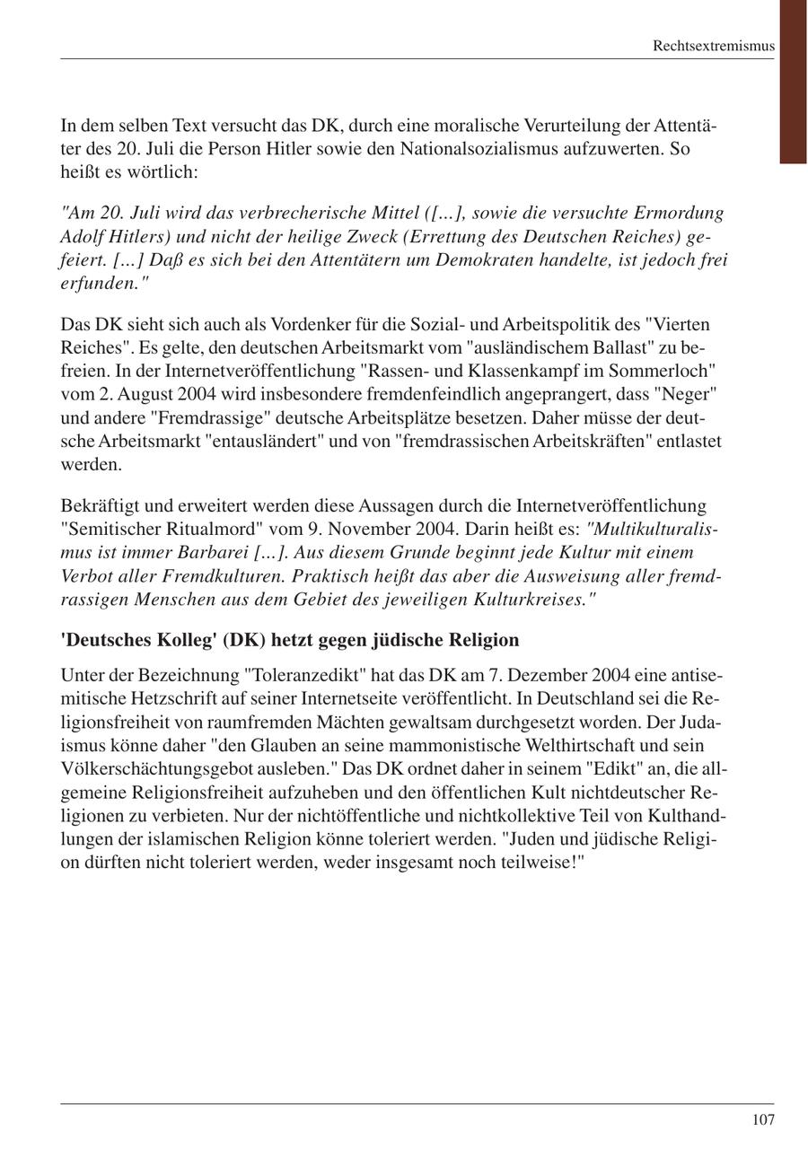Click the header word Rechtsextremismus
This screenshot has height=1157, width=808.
coord(713,46)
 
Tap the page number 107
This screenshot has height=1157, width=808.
coord(762,1119)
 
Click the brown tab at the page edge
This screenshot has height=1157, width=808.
coord(793,81)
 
